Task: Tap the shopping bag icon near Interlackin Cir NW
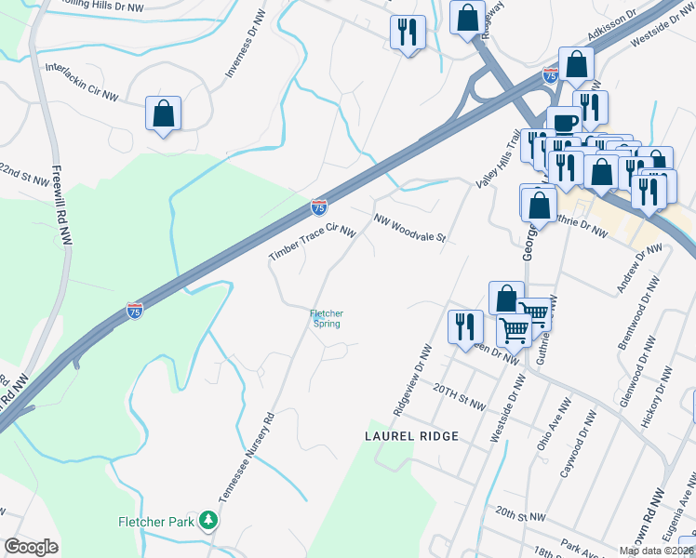click(163, 114)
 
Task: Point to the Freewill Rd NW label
click(62, 206)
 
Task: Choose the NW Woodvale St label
click(410, 227)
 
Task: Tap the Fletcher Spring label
click(327, 318)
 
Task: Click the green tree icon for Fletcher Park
click(213, 521)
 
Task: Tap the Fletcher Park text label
click(155, 522)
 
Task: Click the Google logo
click(31, 547)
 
